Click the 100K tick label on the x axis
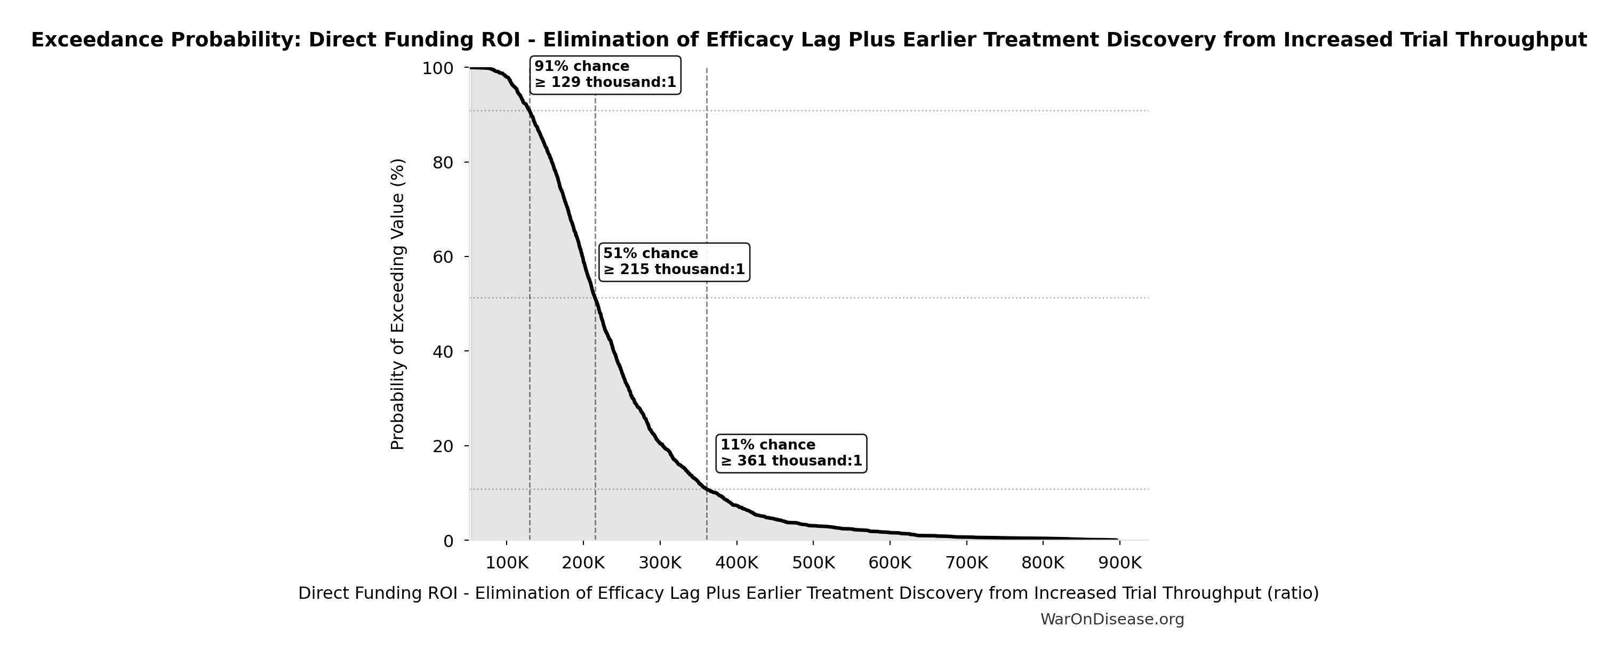[x=506, y=563]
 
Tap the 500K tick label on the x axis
[x=813, y=563]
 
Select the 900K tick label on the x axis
[x=1119, y=563]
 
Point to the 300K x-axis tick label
[x=660, y=563]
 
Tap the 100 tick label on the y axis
[x=438, y=68]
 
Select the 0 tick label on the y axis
[x=448, y=541]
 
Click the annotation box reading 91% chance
[x=605, y=75]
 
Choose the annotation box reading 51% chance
[x=674, y=262]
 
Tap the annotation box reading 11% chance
[x=791, y=453]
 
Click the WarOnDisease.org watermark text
[x=1112, y=620]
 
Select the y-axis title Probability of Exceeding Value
[x=398, y=304]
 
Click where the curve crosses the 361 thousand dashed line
[x=707, y=488]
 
